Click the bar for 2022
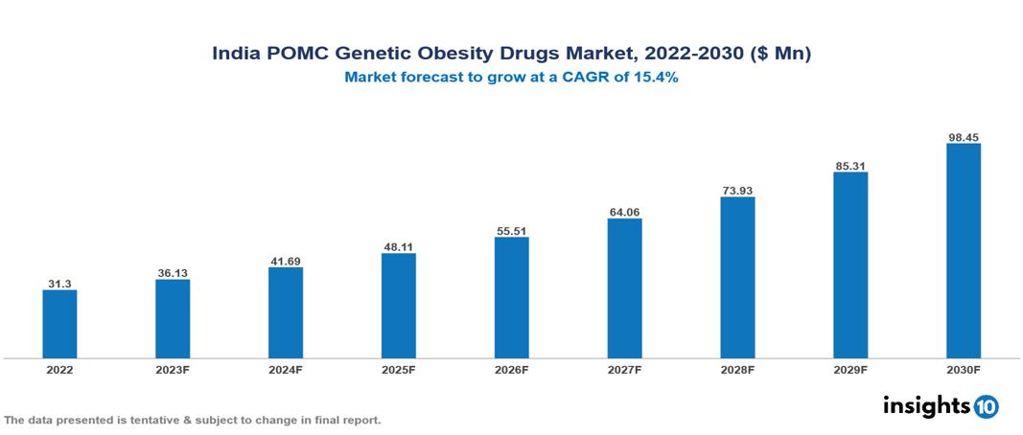click(x=59, y=324)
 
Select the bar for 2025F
click(x=398, y=306)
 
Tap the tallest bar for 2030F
click(x=963, y=251)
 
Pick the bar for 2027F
click(x=624, y=288)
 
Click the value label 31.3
click(x=59, y=284)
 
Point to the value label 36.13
click(x=173, y=273)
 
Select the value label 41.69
click(x=286, y=261)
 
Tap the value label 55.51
click(x=511, y=231)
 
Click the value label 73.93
click(x=737, y=191)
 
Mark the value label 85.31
click(x=850, y=166)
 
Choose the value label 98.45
click(x=963, y=137)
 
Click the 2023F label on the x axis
click(x=173, y=370)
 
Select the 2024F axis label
click(x=286, y=370)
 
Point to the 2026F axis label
click(x=511, y=370)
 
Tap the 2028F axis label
click(x=737, y=370)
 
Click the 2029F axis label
click(x=850, y=370)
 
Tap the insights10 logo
click(x=940, y=405)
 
